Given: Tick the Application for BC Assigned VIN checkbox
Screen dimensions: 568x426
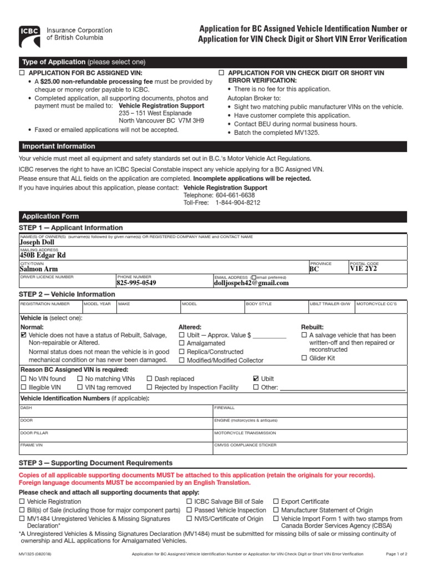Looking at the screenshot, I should click(x=23, y=73).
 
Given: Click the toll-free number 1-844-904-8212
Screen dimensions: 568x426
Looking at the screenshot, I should click(x=238, y=203).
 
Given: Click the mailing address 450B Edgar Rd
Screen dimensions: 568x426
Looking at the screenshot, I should click(x=43, y=255).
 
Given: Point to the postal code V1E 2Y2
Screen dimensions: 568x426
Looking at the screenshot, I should click(x=363, y=268).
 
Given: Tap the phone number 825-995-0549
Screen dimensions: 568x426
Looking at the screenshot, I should click(x=136, y=282).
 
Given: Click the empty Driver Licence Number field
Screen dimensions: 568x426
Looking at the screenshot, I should click(x=67, y=282).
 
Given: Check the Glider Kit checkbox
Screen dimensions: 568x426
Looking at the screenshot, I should click(x=304, y=358).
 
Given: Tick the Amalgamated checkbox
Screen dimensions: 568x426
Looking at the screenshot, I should click(x=181, y=343).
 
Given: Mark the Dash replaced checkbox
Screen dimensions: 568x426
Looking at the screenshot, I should click(x=150, y=379).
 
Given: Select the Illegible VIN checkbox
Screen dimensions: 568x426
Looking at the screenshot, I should click(x=23, y=387).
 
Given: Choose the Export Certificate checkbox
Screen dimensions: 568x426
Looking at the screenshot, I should click(x=276, y=501).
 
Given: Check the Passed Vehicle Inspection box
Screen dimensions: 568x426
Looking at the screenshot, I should click(x=189, y=510).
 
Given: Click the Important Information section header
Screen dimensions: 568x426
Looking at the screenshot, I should click(x=58, y=146).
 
